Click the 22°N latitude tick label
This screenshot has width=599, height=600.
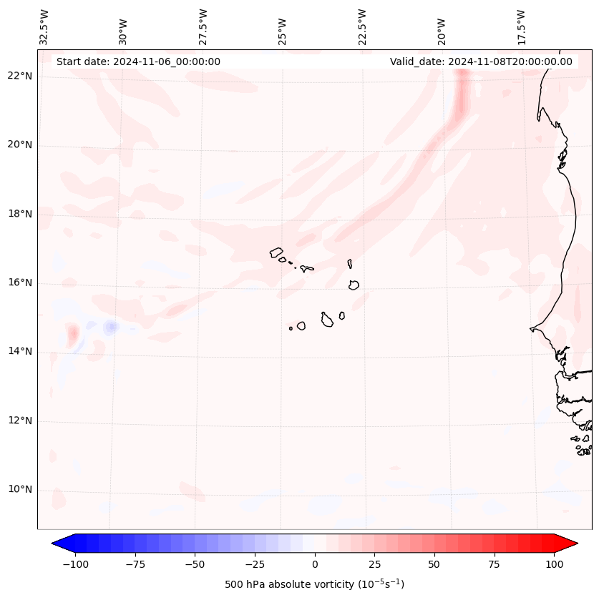[20, 77]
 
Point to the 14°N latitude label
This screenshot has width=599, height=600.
[20, 352]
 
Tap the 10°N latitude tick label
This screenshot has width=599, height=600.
[20, 490]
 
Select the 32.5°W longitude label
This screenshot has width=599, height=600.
[44, 26]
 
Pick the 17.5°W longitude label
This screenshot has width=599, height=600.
[521, 26]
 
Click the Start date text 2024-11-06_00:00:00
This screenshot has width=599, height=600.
[138, 62]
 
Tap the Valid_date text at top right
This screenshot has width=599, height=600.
[481, 62]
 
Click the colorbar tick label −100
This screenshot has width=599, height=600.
[76, 564]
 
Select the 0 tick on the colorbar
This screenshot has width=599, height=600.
[315, 564]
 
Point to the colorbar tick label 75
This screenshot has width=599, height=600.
[494, 564]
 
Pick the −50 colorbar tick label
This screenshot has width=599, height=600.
[195, 564]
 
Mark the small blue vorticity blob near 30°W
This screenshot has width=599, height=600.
[110, 327]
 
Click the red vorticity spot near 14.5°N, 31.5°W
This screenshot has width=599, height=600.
[73, 334]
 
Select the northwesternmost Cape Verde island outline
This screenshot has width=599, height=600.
[276, 252]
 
